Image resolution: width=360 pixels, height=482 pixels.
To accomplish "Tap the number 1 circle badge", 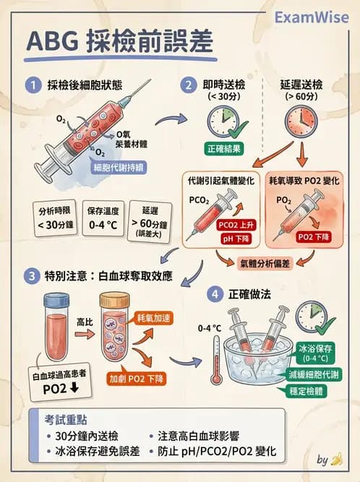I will (33, 85).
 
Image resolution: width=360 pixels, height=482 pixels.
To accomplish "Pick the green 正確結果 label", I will (222, 147).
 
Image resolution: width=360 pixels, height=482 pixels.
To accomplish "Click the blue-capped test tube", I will (60, 326).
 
